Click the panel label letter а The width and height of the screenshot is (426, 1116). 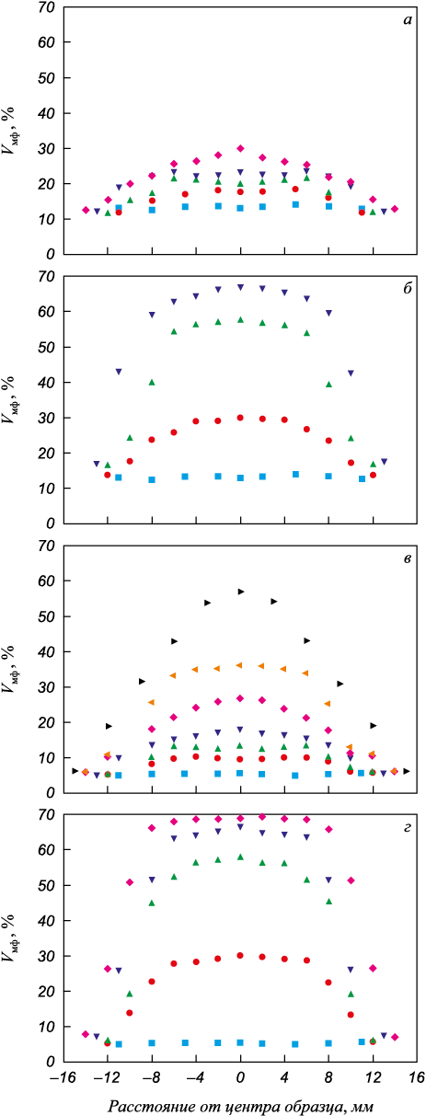pos(408,20)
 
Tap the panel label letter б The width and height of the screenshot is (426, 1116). pos(407,289)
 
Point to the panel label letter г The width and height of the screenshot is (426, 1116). pos(407,828)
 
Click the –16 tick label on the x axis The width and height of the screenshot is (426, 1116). pos(62,1077)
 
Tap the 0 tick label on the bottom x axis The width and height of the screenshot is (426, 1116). pos(240,1077)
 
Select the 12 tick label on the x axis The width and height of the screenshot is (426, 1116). pos(373,1077)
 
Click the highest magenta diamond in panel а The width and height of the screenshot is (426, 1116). pos(240,148)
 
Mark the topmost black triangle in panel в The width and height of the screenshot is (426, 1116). pos(241,592)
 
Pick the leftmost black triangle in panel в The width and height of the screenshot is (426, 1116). pos(75,771)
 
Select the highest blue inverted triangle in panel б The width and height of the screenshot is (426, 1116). pos(240,287)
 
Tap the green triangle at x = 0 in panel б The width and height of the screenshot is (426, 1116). pos(240,320)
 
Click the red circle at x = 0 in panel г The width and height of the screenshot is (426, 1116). pos(240,956)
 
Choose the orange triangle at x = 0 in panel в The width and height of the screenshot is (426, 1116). pos(239,665)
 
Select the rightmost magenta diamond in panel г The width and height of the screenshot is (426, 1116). pos(395,1037)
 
